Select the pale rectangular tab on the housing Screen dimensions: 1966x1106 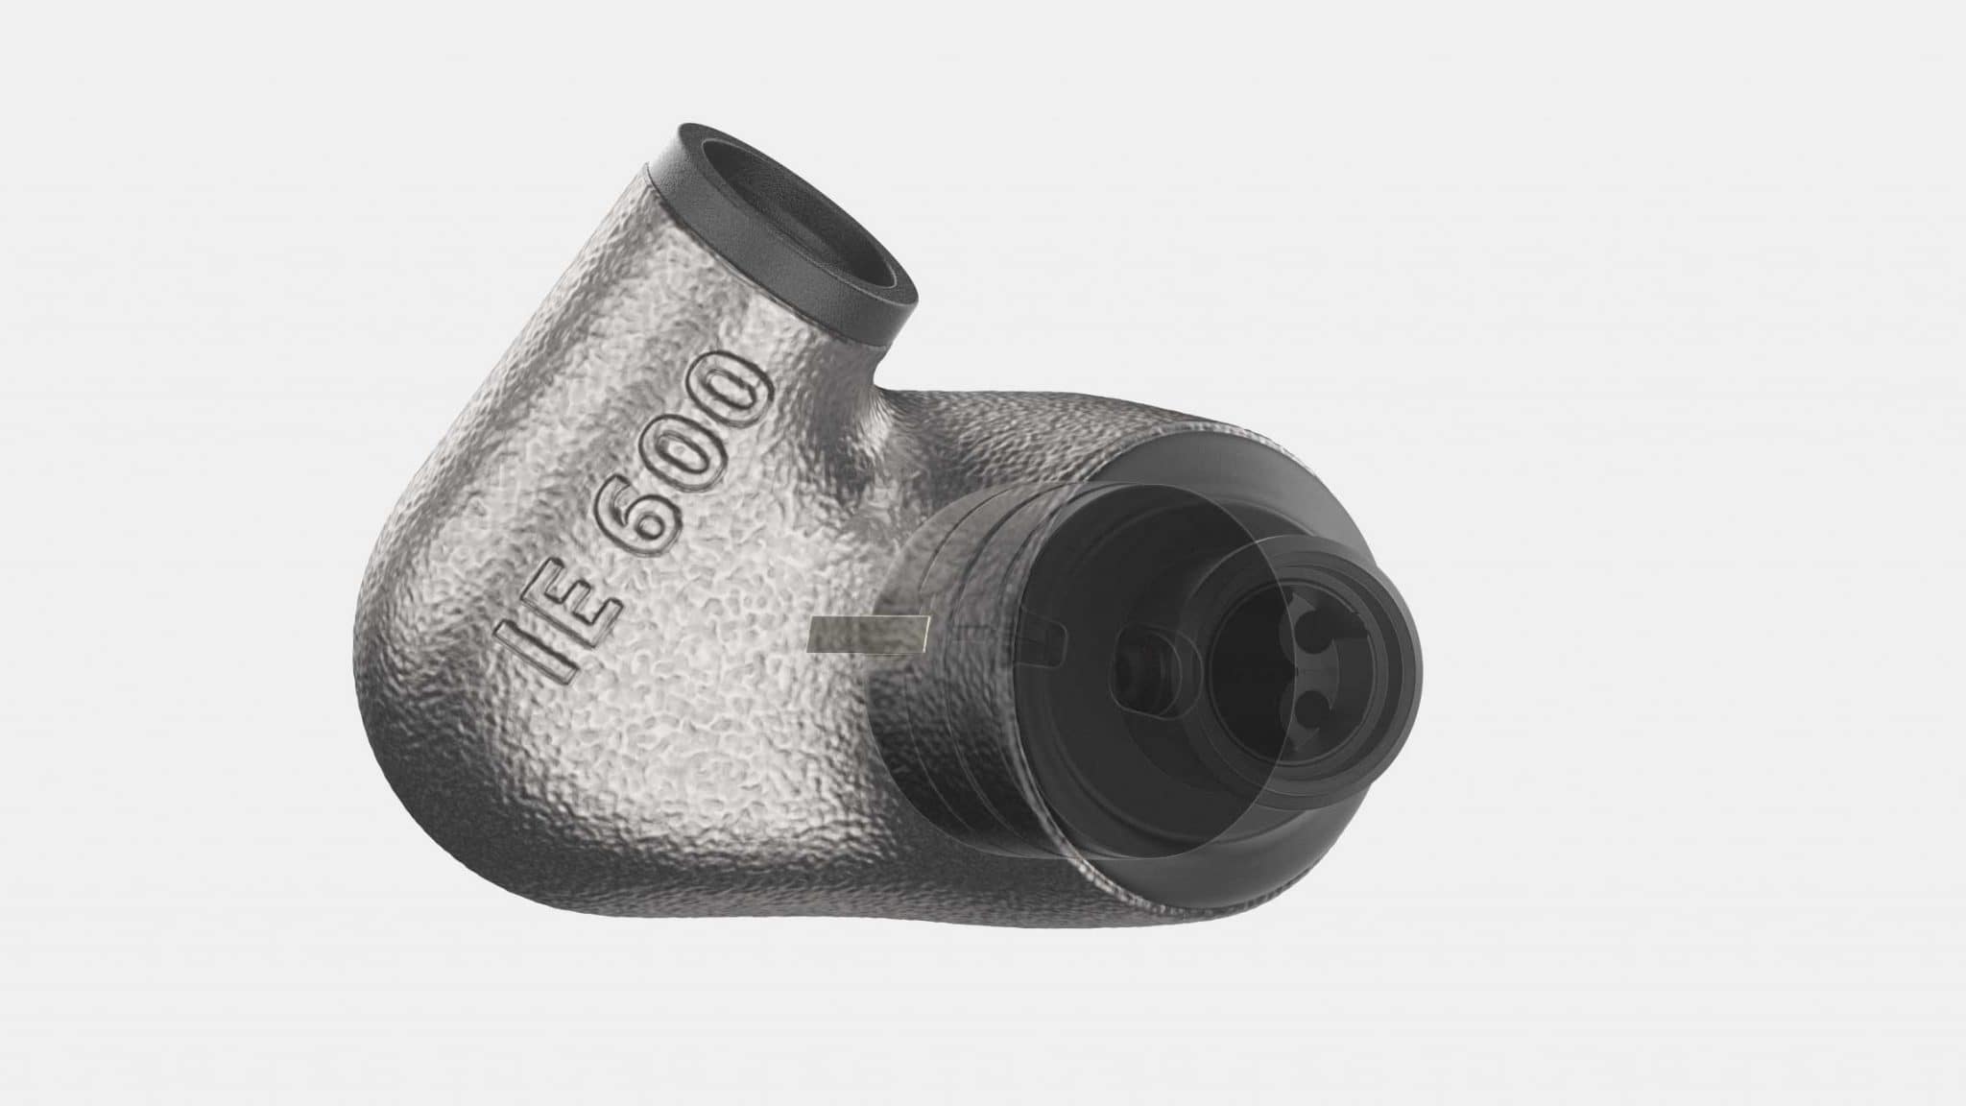click(x=868, y=635)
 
